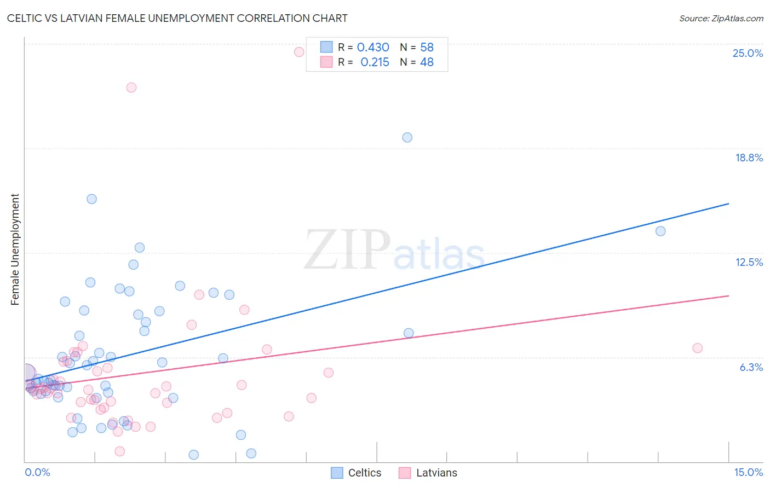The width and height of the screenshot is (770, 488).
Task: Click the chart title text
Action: pyautogui.click(x=177, y=18)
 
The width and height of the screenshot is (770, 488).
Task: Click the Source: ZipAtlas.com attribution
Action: pyautogui.click(x=721, y=19)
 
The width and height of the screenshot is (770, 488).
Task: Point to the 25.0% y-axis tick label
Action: pyautogui.click(x=748, y=53)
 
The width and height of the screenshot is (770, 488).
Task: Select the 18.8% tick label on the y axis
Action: pyautogui.click(x=749, y=158)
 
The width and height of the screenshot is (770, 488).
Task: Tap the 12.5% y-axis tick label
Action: pyautogui.click(x=749, y=262)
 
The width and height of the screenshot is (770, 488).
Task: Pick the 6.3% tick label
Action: pyautogui.click(x=751, y=367)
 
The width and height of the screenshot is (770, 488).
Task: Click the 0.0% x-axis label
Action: pyautogui.click(x=37, y=472)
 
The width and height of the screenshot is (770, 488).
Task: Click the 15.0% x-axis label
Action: pyautogui.click(x=748, y=472)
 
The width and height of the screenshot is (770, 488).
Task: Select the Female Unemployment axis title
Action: pyautogui.click(x=15, y=249)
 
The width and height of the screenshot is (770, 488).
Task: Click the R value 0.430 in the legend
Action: pyautogui.click(x=373, y=48)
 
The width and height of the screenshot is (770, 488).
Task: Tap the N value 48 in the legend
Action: pyautogui.click(x=427, y=62)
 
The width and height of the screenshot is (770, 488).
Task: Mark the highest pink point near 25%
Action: pyautogui.click(x=299, y=52)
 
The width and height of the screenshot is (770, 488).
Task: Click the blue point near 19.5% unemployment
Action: pyautogui.click(x=407, y=137)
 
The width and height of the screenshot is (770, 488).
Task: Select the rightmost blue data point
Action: pyautogui.click(x=660, y=231)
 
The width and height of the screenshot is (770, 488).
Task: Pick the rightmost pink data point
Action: pyautogui.click(x=697, y=348)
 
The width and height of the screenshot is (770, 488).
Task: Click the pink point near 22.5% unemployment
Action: pyautogui.click(x=131, y=88)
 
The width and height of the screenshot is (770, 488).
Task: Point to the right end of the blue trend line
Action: pyautogui.click(x=728, y=204)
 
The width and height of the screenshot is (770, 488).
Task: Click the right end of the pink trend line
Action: pyautogui.click(x=728, y=295)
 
